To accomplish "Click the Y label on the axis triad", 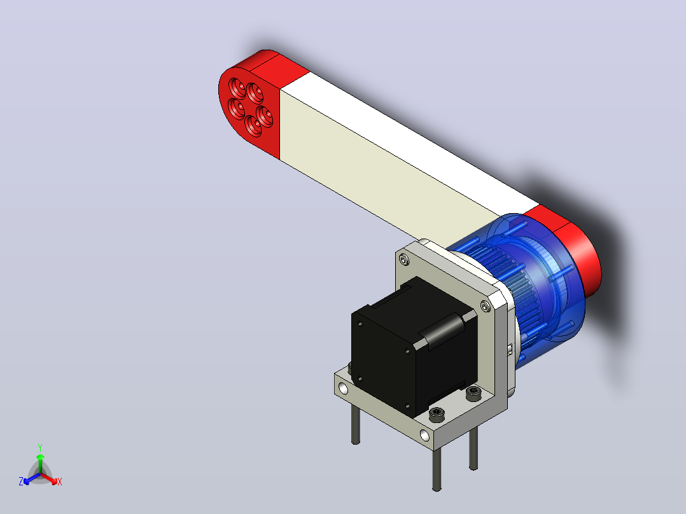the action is [40, 447].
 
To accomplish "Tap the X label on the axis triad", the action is [60, 482].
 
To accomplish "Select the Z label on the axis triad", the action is [20, 482].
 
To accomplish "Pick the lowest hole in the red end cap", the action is [253, 125].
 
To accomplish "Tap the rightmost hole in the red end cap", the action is [265, 116].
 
